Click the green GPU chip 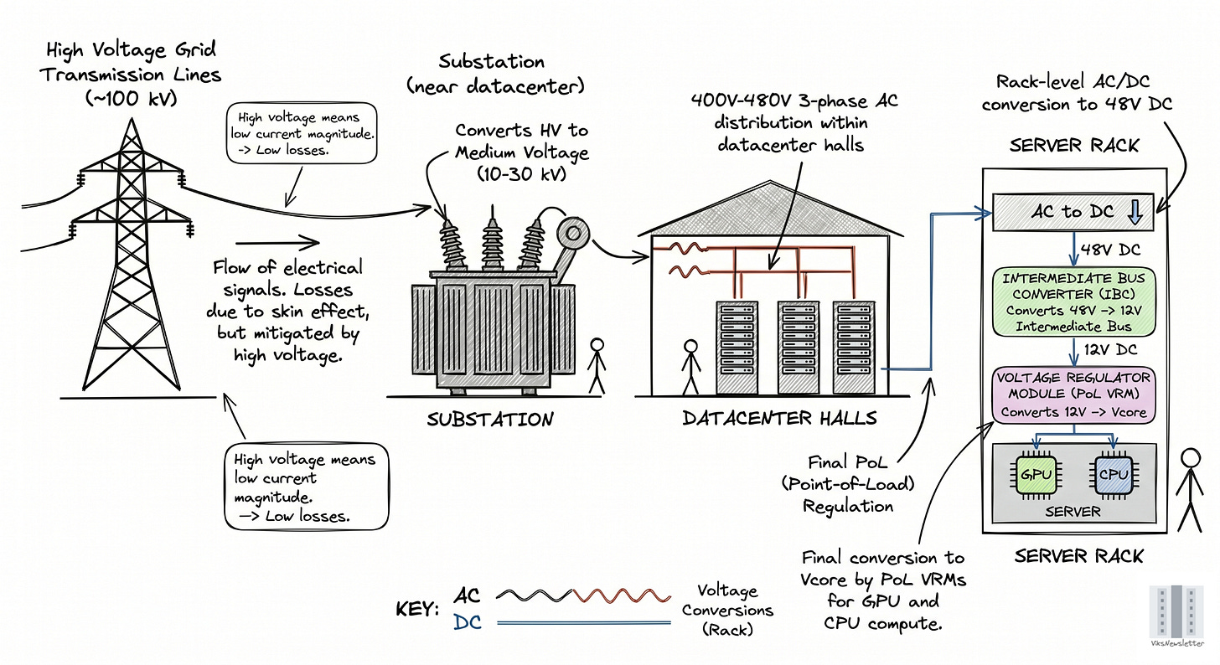click(1036, 475)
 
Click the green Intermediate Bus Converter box click(1073, 302)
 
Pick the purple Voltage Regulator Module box click(1073, 394)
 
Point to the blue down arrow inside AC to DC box click(1135, 212)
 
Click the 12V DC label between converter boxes click(1110, 349)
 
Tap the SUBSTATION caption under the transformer click(490, 420)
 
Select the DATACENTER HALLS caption click(779, 418)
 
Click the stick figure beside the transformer click(597, 366)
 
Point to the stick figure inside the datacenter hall click(690, 368)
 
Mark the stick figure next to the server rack click(1190, 490)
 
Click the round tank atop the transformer click(573, 234)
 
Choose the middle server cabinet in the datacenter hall click(798, 348)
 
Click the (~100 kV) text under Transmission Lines click(132, 99)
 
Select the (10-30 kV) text click(521, 174)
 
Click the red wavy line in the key click(622, 595)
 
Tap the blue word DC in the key click(468, 622)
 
